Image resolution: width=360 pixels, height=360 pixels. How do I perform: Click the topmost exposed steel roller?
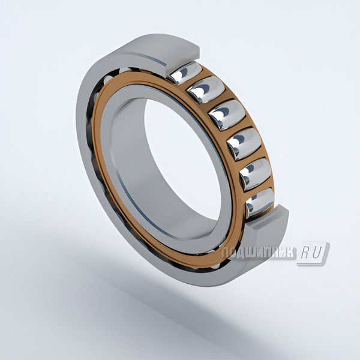pos(185,72)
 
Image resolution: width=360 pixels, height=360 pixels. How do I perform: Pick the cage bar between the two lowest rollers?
pos(259,188)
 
